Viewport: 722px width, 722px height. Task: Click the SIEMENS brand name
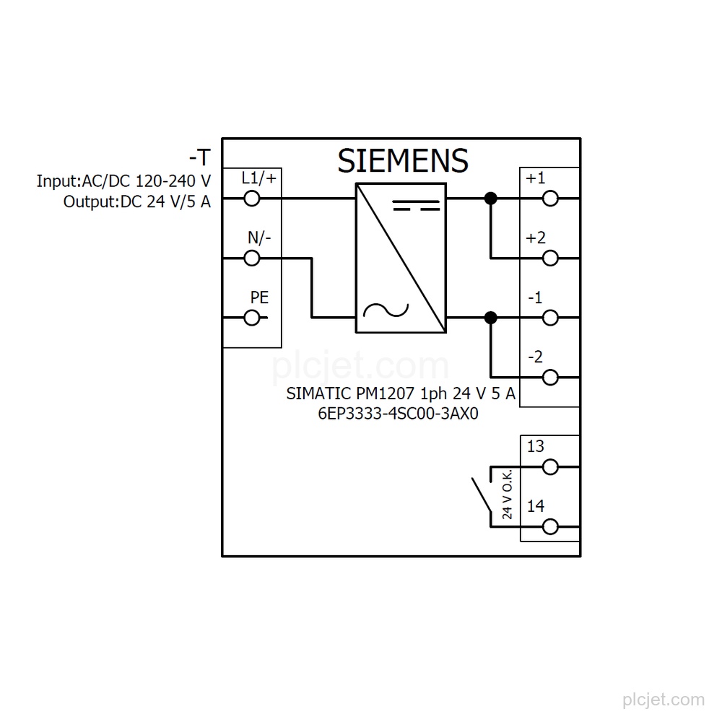point(403,161)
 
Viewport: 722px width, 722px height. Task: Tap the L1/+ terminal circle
point(252,199)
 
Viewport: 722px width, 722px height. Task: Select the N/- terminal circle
point(252,258)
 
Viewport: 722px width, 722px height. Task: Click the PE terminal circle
point(252,318)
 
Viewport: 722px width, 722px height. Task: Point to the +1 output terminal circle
point(550,199)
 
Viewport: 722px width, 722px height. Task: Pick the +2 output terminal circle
point(550,258)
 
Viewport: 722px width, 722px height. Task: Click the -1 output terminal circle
point(550,318)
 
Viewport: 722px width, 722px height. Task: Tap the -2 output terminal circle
point(550,378)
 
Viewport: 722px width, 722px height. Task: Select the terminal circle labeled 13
point(550,467)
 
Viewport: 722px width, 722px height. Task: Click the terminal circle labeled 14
point(550,527)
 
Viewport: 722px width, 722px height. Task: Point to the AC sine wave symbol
point(386,310)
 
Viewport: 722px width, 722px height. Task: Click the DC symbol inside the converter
point(417,205)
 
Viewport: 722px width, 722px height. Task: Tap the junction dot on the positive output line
point(491,199)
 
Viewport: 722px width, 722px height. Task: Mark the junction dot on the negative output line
point(491,318)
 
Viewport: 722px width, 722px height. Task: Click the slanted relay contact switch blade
point(482,495)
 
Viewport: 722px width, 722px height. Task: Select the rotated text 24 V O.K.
point(507,495)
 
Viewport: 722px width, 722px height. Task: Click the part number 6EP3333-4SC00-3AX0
point(399,414)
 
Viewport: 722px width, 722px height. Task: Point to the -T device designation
point(200,157)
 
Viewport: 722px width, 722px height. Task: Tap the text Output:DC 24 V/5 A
point(136,201)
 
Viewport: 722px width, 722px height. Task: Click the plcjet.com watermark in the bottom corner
point(664,700)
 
